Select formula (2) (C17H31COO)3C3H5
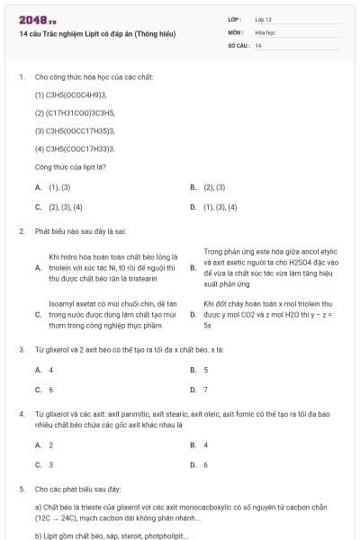74,112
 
